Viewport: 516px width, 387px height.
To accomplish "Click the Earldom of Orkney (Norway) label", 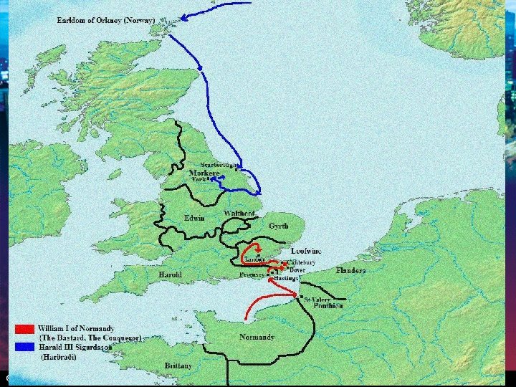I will coord(105,21).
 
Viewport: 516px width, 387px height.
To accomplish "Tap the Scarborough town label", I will coord(219,166).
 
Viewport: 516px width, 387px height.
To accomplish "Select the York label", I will coord(199,180).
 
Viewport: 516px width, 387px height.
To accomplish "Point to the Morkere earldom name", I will coord(204,173).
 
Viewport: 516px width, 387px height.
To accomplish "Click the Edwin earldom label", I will coord(194,218).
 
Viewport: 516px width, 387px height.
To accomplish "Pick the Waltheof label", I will coord(240,214).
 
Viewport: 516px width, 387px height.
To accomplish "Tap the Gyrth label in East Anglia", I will coord(278,226).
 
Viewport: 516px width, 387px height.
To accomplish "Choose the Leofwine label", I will coord(306,252).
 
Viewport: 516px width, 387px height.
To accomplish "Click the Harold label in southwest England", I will coord(170,274).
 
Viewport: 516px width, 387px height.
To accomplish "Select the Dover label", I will coord(297,270).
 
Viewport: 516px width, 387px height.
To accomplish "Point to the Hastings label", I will coord(286,278).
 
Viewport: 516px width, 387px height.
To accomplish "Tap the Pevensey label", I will coord(252,274).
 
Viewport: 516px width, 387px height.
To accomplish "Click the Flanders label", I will coord(350,271).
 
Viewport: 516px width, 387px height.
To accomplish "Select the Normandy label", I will coord(257,337).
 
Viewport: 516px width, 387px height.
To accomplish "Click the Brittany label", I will coord(178,365).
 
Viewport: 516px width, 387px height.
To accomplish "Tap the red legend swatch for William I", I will coord(24,329).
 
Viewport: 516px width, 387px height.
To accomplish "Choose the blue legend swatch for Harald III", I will coord(24,347).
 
